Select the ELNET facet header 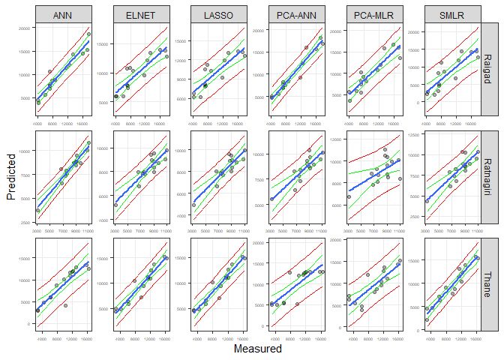click(x=140, y=13)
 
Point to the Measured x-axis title click(x=257, y=349)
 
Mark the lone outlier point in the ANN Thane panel click(x=66, y=307)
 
